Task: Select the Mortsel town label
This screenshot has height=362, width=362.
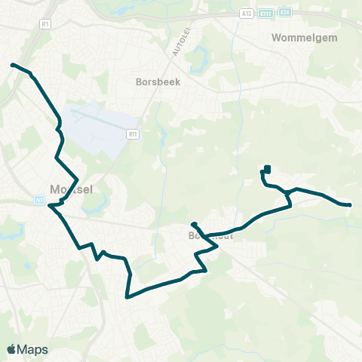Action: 69,189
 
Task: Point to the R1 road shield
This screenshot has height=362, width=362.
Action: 45,24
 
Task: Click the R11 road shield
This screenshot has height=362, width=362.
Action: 132,133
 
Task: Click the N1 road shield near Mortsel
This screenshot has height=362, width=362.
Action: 38,200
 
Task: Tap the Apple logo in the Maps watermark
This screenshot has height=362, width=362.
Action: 12,349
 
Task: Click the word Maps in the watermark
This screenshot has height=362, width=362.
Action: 33,349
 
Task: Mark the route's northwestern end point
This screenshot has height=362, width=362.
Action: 12,66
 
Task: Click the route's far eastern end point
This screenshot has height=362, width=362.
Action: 350,204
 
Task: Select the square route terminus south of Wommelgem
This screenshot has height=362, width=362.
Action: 268,168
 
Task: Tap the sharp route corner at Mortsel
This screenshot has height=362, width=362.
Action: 49,205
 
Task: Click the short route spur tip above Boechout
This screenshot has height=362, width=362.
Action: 194,224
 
